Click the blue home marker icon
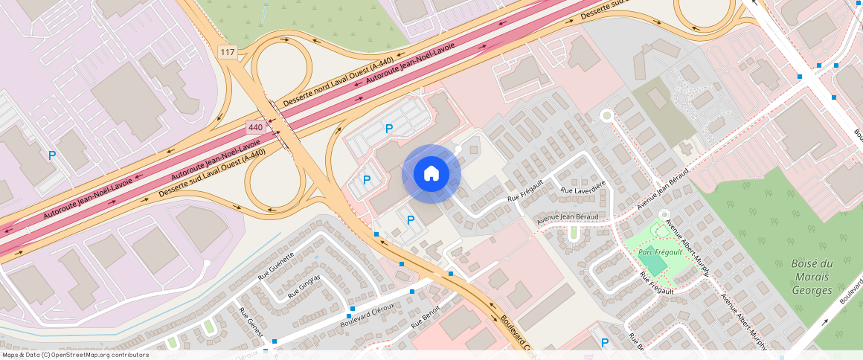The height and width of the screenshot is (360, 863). pyautogui.click(x=431, y=174)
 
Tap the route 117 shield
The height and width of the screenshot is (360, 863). pyautogui.click(x=227, y=52)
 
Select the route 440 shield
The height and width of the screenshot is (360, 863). pyautogui.click(x=255, y=128)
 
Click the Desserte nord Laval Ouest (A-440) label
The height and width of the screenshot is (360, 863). pyautogui.click(x=338, y=82)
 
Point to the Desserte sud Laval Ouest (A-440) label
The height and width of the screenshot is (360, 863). pyautogui.click(x=212, y=175)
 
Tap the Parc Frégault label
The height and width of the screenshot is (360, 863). pyautogui.click(x=660, y=252)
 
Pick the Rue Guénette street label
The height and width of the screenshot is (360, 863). pyautogui.click(x=276, y=265)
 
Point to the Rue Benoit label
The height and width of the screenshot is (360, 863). pyautogui.click(x=426, y=316)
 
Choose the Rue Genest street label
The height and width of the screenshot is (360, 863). pyautogui.click(x=251, y=321)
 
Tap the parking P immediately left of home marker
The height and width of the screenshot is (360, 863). pyautogui.click(x=367, y=180)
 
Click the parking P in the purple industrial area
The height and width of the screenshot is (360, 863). pyautogui.click(x=52, y=155)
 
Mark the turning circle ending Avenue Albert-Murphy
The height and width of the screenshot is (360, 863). pyautogui.click(x=664, y=215)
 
